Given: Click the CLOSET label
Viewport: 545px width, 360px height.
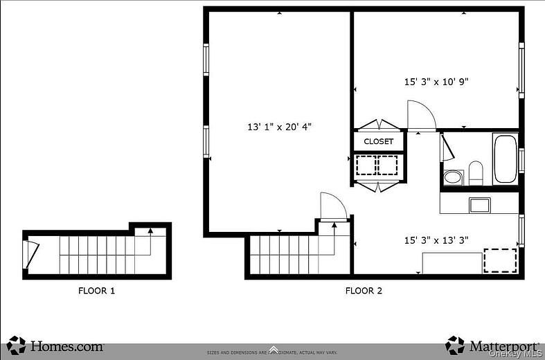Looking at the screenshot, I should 378,141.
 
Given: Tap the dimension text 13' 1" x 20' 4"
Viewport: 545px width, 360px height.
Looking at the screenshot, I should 280,127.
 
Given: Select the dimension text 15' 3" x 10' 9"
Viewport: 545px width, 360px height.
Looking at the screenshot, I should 436,82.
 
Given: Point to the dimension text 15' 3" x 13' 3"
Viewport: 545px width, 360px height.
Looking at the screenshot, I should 436,240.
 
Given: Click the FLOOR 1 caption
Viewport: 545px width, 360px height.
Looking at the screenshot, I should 96,291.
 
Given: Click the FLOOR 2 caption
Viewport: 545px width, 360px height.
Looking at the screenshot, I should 364,291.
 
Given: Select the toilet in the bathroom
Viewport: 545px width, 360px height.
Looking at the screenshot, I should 475,172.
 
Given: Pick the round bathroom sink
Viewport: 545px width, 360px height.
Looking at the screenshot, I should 453,177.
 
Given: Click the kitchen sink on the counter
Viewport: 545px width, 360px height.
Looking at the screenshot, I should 479,204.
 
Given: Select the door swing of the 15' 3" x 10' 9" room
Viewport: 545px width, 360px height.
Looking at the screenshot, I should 420,116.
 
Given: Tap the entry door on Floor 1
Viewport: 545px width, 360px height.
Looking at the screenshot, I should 31,254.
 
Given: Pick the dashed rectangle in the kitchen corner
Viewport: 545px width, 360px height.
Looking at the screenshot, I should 499,260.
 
